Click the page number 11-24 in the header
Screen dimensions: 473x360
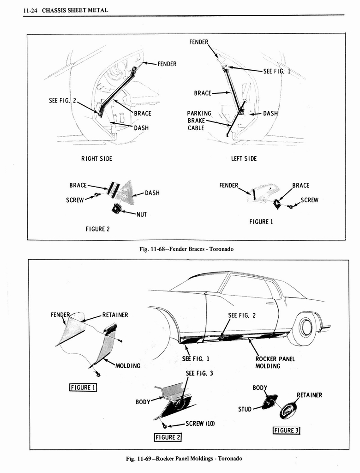[30, 10]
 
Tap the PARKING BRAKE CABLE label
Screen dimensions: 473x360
[199, 121]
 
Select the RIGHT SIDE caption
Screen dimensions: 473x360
[96, 158]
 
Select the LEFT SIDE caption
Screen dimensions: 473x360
[244, 158]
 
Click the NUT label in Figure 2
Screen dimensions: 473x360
[141, 214]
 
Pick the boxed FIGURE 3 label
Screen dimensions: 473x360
[287, 431]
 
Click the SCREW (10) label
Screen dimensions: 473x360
[200, 423]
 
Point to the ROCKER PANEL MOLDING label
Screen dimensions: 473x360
[275, 362]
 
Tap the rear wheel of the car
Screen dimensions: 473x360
[305, 327]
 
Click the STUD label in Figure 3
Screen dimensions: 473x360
[245, 409]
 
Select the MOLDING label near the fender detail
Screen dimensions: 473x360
[127, 365]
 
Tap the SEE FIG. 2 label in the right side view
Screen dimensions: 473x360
[61, 100]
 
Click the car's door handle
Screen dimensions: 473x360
[270, 303]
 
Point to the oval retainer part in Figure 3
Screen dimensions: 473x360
[288, 410]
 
